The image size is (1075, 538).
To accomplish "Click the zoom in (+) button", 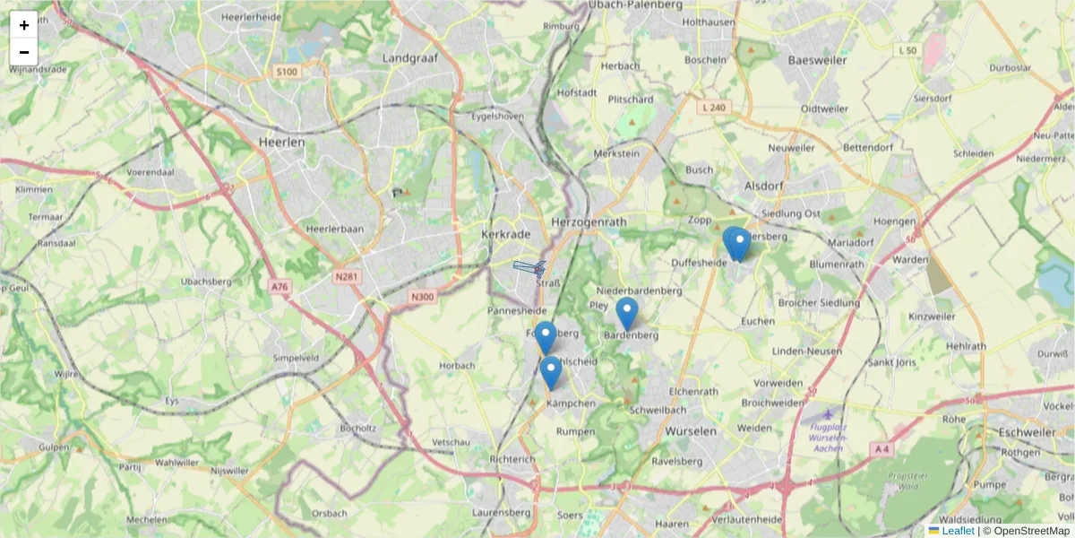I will [x=24, y=25].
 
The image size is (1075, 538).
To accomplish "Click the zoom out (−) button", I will [x=24, y=52].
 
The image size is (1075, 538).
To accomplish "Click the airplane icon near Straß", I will [x=530, y=267].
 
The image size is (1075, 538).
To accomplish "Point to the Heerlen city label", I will [x=281, y=142].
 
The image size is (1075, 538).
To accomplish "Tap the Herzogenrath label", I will [x=589, y=221].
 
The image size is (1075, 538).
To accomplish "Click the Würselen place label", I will [x=691, y=430].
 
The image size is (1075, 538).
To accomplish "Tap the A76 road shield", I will [x=279, y=287].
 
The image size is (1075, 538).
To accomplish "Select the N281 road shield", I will [x=346, y=277].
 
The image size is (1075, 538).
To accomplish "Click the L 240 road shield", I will [x=714, y=108].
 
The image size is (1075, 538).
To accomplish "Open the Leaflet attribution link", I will [x=957, y=531].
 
